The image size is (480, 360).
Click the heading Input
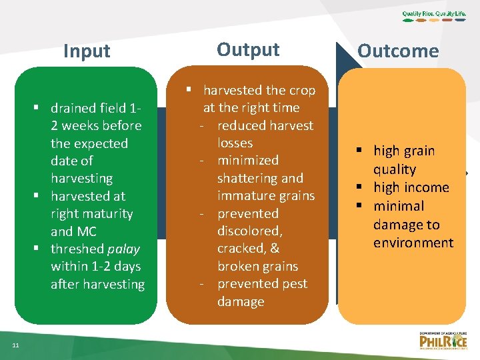87,51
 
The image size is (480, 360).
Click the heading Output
248,50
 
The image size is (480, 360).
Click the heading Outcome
398,51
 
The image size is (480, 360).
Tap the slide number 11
15,345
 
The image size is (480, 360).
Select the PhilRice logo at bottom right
443,341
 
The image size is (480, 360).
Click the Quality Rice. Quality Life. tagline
435,14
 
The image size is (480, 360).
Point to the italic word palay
123,249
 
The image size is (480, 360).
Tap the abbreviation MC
83,231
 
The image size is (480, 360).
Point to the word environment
413,243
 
